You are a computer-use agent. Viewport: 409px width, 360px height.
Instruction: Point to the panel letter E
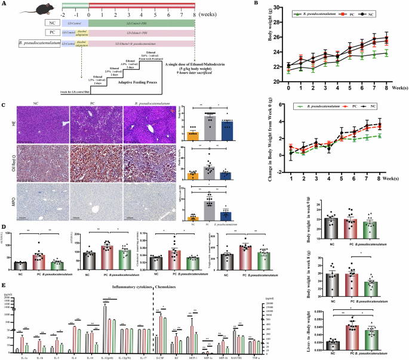[x=4, y=287]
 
